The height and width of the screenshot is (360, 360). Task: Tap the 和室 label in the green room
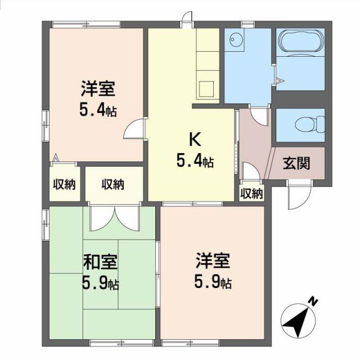(x=101, y=262)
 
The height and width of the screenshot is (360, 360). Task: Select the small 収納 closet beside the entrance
(x=251, y=193)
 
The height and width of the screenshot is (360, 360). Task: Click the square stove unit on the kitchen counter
(x=207, y=88)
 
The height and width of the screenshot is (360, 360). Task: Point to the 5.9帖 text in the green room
(x=101, y=283)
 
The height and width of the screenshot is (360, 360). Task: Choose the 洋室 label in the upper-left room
(x=98, y=88)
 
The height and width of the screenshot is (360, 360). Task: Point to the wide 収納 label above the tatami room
(x=113, y=184)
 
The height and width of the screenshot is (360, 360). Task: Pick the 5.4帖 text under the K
(x=195, y=162)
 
